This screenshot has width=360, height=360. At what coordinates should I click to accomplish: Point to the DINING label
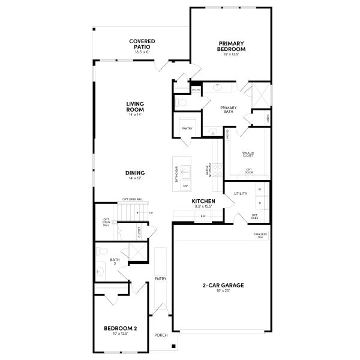135,173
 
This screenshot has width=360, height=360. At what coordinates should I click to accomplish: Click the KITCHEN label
203,201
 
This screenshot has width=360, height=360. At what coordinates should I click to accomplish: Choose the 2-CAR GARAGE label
222,285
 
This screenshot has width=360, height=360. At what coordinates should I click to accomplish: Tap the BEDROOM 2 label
121,328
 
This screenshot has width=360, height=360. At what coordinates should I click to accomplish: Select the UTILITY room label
241,194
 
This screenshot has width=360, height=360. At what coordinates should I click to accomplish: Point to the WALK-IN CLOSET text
247,155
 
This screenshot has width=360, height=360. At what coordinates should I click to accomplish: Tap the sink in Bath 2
100,271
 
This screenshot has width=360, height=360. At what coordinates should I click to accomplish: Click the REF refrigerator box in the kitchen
203,215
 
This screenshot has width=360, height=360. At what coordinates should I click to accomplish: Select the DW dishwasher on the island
185,186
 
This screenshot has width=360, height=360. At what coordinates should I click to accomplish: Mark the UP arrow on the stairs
150,212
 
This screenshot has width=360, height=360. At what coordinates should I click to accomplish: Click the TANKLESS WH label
260,235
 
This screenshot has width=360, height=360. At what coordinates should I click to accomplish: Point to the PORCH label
161,335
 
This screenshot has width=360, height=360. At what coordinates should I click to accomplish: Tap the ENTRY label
161,278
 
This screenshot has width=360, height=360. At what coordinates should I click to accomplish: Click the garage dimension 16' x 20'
222,291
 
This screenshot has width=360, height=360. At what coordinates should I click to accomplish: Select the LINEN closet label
267,118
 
